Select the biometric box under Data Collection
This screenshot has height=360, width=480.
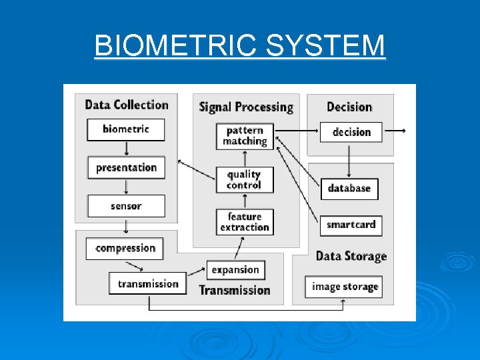pyautogui.click(x=126, y=129)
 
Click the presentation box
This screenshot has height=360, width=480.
pyautogui.click(x=126, y=167)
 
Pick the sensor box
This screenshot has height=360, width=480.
pyautogui.click(x=126, y=206)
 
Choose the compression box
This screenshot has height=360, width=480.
pyautogui.click(x=125, y=248)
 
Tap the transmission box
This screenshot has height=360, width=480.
pyautogui.click(x=148, y=283)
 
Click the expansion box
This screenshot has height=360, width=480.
pyautogui.click(x=235, y=269)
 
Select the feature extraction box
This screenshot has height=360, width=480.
pyautogui.click(x=245, y=222)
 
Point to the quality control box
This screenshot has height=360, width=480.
pyautogui.click(x=244, y=179)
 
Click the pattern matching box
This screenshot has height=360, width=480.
pyautogui.click(x=245, y=136)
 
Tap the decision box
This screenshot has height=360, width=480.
pyautogui.click(x=351, y=132)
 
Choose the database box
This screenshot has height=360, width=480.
pyautogui.click(x=349, y=188)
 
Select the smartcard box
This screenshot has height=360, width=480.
pyautogui.click(x=351, y=225)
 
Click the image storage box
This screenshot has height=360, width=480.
pyautogui.click(x=345, y=287)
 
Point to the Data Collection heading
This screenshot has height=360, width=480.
pyautogui.click(x=127, y=105)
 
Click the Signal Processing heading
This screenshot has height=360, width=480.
pyautogui.click(x=246, y=107)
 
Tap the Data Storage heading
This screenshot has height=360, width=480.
pyautogui.click(x=351, y=256)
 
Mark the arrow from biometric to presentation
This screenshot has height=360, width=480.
pyautogui.click(x=126, y=148)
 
